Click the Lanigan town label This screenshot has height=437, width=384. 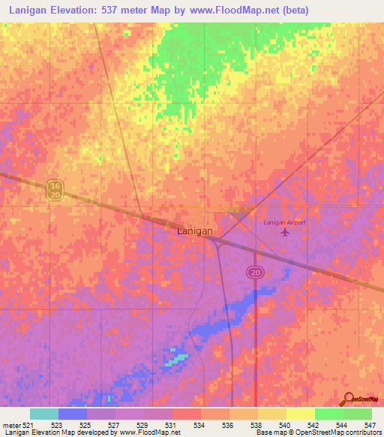point(194,231)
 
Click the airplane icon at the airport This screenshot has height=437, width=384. point(284,232)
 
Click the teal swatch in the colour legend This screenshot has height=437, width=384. point(44,414)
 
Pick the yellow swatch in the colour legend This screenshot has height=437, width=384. point(300,414)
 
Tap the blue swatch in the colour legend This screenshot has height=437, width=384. point(73,414)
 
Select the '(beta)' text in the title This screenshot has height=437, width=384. point(292,11)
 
